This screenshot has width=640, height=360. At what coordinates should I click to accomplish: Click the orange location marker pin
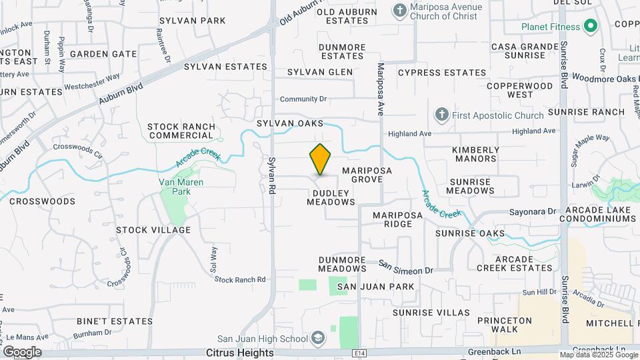point(320,159)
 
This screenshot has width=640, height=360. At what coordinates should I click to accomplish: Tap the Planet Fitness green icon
point(589,27)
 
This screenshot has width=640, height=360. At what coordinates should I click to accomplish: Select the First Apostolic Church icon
point(441,115)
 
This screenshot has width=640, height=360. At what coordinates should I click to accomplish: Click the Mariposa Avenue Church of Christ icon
point(399,11)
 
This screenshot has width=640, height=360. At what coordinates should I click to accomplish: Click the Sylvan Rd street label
point(272,175)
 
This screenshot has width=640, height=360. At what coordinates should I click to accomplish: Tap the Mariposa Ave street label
point(381,90)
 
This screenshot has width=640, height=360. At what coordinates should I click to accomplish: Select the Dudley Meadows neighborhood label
point(331,197)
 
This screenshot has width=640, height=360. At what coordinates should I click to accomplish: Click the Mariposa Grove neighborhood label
point(367,175)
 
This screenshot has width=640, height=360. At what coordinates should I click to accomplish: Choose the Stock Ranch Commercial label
point(181,131)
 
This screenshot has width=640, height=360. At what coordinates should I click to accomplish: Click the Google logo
point(21,352)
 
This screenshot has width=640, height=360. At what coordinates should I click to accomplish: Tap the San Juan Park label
point(375,287)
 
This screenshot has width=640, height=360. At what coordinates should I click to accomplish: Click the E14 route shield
point(360,352)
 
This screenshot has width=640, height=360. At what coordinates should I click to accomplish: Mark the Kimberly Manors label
point(475,155)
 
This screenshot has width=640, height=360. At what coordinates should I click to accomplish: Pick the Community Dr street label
point(303,99)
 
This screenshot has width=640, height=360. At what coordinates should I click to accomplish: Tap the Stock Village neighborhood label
point(153,230)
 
